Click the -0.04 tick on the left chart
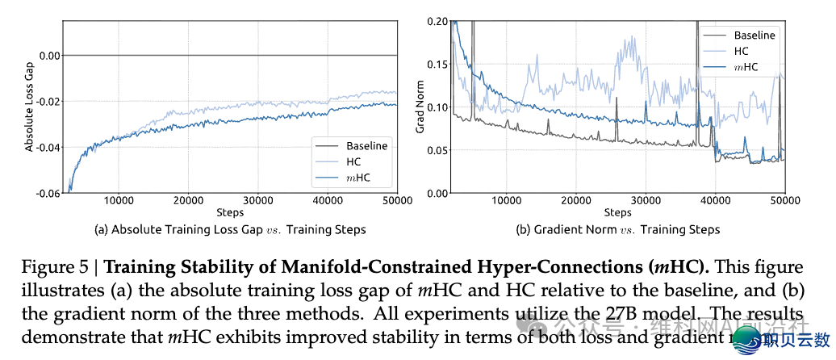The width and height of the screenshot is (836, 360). coord(48,148)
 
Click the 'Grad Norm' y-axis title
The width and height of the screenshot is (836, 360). coord(420,107)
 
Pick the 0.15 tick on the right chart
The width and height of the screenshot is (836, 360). coord(437,64)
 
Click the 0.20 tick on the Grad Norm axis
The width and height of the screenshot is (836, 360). coord(437,21)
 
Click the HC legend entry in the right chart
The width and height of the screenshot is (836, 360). coord(741,51)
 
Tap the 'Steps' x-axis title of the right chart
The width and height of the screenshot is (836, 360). coord(617,212)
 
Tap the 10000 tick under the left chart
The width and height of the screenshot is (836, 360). coord(119,200)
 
